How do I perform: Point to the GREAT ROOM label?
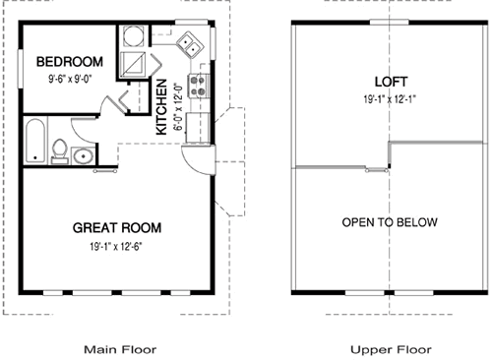[x=117, y=228]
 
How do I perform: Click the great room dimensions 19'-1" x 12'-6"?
[x=117, y=246]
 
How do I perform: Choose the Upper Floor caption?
[x=388, y=348]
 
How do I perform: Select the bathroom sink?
[x=81, y=155]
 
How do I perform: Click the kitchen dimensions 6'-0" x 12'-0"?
[x=177, y=110]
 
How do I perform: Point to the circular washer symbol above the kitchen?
[x=131, y=38]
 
